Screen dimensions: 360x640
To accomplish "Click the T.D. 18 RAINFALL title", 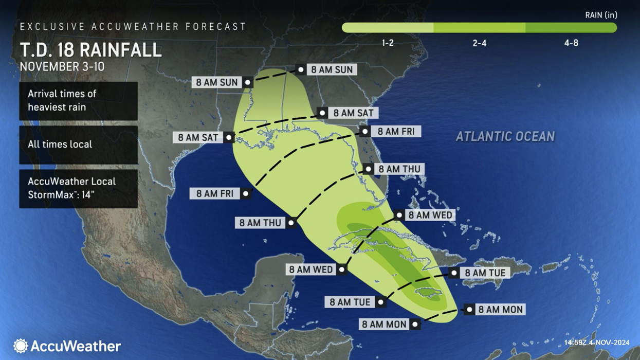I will pos(90,50).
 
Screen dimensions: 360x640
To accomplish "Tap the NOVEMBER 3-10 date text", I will pos(62,67).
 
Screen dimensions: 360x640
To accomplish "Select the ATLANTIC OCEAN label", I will pos(505,136).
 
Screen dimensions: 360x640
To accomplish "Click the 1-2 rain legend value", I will pos(388,43).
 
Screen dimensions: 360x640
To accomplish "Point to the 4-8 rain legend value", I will pos(571,43).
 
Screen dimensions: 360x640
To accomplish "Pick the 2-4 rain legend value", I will pos(479,43).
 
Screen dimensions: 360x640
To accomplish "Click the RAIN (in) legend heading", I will pos(601,15).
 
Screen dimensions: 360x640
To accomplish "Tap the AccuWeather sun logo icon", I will pos(21,346).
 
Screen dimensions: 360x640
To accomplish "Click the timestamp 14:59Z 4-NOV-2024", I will pos(596,343).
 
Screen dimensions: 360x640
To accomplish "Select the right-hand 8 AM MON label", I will pos(500,310).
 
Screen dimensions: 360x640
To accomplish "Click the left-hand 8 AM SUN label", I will pos(216,82).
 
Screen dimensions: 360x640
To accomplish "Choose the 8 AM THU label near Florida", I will pos(399,169).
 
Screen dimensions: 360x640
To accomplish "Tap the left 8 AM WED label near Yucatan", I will pos(310,269).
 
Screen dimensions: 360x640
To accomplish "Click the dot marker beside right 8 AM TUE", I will pos(454,273).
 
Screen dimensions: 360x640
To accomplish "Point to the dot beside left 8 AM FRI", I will pos(246,194).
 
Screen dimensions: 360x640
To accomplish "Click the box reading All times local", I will pos(78,145).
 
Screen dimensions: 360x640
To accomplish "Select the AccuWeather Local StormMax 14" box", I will pos(78,188).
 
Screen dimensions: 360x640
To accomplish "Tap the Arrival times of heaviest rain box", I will pos(78,100).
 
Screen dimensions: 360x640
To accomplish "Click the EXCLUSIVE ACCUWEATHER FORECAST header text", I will pos(133,26).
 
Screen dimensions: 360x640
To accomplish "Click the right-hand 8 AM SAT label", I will pos(353,113).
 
